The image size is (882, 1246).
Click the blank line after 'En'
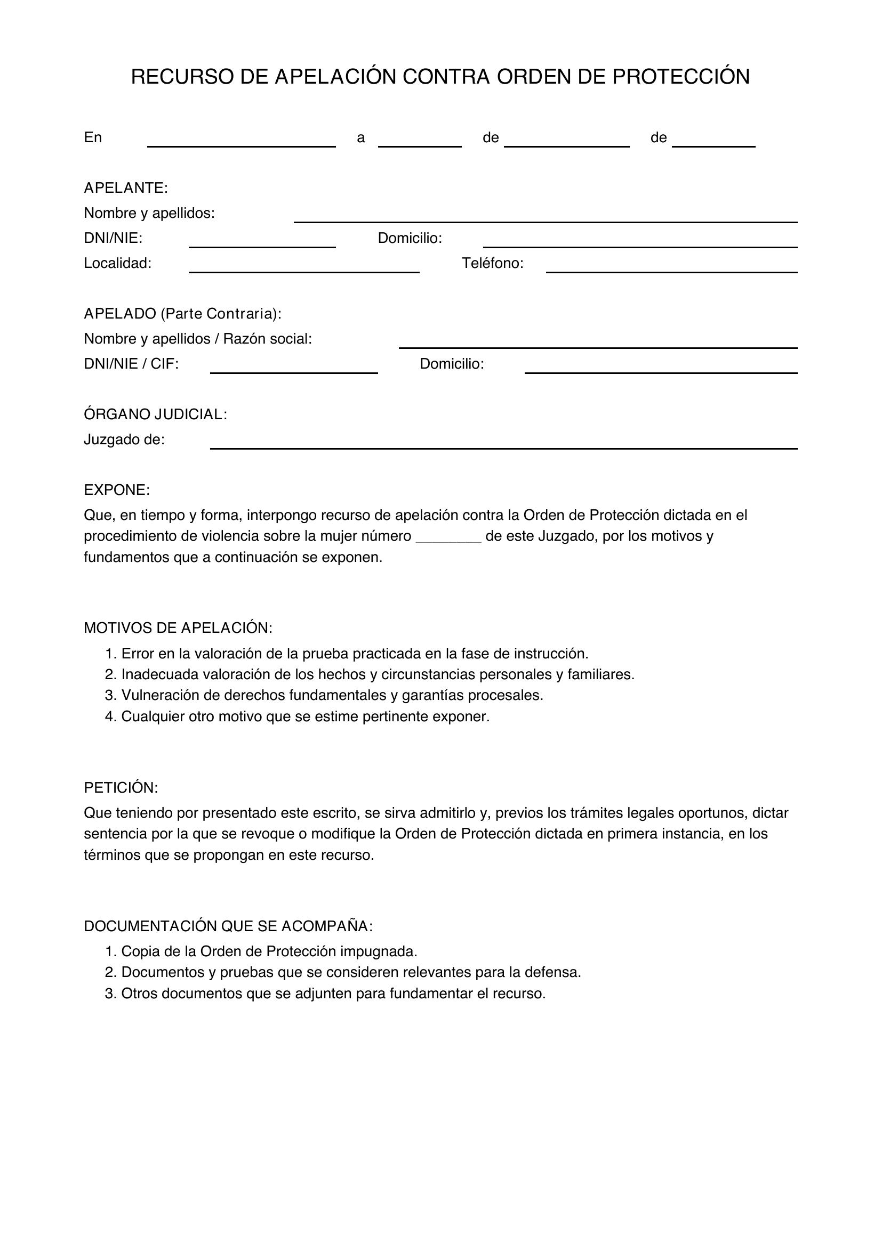pos(241,141)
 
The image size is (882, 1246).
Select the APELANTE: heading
pos(125,188)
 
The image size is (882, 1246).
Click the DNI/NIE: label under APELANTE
pos(113,238)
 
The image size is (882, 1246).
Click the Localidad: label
pos(117,263)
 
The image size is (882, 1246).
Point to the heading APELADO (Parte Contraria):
pos(182,314)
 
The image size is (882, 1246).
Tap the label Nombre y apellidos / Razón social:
pos(198,339)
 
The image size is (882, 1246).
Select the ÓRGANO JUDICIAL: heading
pos(155,414)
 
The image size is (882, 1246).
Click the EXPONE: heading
pos(116,490)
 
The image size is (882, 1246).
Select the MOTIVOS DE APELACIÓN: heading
pos(178,628)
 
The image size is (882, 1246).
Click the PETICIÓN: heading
pos(121,787)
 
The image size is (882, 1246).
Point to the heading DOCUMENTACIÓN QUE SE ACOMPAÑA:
pos(228,926)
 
